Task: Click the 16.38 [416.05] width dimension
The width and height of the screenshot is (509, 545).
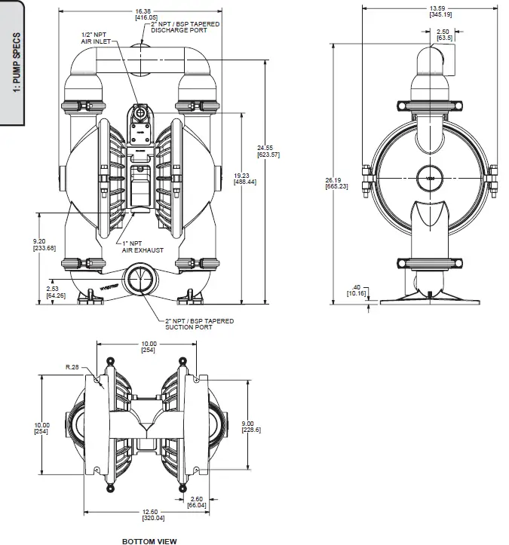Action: [146, 14]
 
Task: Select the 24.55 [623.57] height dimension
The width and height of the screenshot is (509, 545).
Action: [268, 150]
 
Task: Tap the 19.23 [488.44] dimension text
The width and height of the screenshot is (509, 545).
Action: [245, 179]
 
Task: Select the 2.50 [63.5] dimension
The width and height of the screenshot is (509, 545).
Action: [444, 35]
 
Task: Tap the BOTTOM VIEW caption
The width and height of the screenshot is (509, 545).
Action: [149, 540]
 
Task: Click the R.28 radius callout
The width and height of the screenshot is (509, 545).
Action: [72, 366]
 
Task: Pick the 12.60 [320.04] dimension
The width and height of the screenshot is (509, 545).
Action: [153, 515]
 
